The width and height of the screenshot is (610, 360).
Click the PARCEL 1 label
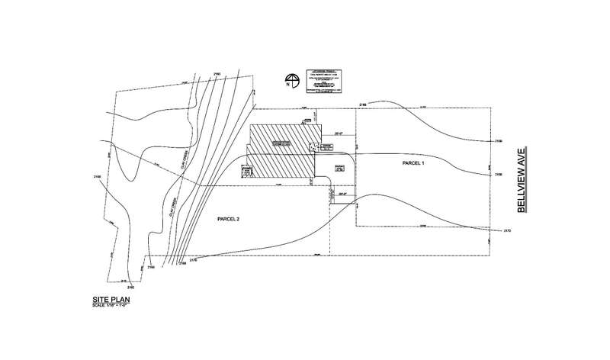pyautogui.click(x=412, y=164)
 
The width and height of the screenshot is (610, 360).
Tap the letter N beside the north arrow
pyautogui.click(x=287, y=85)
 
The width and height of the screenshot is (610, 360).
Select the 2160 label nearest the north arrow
pyautogui.click(x=217, y=73)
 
